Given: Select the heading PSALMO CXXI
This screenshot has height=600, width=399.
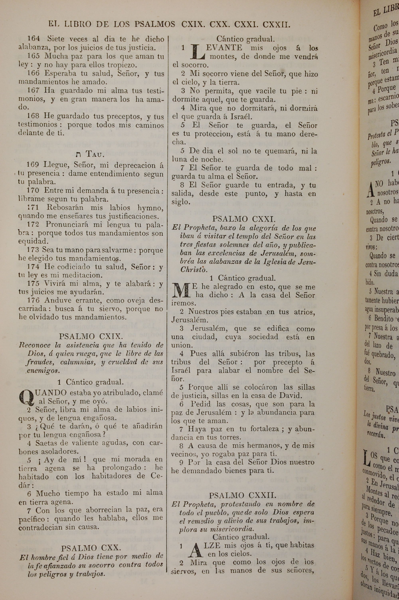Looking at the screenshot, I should pos(244,219).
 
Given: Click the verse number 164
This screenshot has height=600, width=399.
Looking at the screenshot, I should pos(34,39).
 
